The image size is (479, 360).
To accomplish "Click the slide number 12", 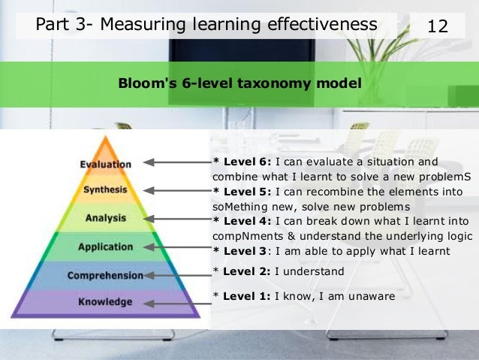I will click(437, 26).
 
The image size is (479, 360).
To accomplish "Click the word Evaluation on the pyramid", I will click(106, 164).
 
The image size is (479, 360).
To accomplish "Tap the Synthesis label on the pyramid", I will click(105, 189).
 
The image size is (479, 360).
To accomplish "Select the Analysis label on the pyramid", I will click(105, 218).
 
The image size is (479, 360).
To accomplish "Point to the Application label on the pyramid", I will click(105, 246).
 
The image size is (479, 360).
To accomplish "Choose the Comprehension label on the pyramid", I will click(105, 275).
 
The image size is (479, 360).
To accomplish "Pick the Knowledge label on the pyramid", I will click(105, 302).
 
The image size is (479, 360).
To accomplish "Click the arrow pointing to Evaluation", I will click(177, 162).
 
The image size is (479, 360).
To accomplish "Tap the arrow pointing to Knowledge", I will click(177, 304).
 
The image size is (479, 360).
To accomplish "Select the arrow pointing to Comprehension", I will click(177, 275).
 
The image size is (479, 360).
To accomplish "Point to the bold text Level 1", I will click(246, 296).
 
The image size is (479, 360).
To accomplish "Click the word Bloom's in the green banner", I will click(143, 83).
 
